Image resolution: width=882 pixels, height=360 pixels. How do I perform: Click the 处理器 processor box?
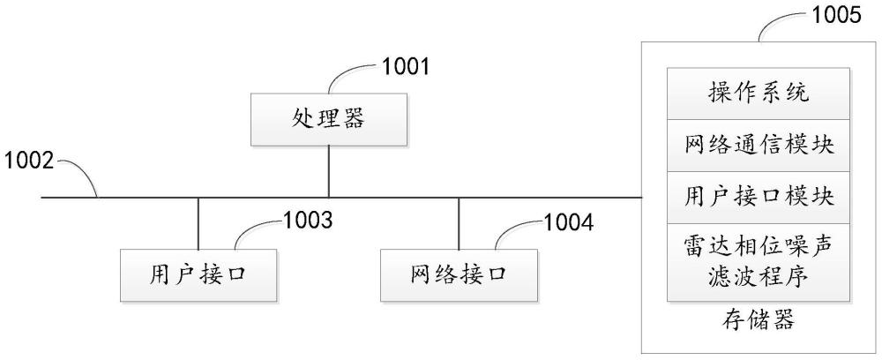click(x=328, y=119)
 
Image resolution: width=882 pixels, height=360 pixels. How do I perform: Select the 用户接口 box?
click(x=198, y=275)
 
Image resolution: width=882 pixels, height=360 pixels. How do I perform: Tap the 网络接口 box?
click(x=459, y=275)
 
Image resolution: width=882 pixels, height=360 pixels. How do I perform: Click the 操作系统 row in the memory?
click(x=759, y=94)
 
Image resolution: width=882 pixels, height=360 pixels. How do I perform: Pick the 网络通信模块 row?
click(x=759, y=145)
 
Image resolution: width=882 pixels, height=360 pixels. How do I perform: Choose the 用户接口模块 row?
click(x=759, y=198)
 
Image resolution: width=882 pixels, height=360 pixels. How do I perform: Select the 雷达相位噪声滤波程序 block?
click(x=759, y=262)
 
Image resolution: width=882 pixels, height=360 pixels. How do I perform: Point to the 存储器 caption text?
click(x=758, y=320)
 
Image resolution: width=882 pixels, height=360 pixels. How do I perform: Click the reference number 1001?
click(x=406, y=67)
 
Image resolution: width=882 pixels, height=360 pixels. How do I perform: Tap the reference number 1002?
click(x=29, y=161)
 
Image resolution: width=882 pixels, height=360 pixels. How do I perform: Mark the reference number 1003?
click(x=308, y=221)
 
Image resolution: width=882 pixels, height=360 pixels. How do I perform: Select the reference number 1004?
click(x=569, y=223)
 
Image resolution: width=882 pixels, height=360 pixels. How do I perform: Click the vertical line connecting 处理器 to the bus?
click(x=328, y=171)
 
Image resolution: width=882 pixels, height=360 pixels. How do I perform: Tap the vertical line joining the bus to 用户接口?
click(x=198, y=224)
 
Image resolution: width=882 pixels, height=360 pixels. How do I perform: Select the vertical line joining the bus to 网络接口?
click(x=459, y=224)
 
